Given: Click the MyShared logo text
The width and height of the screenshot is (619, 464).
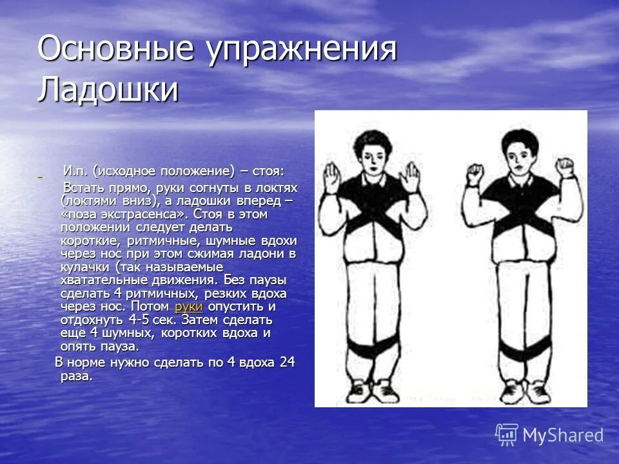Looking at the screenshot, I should [x=563, y=435].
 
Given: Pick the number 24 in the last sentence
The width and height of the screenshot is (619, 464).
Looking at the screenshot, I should [x=286, y=362].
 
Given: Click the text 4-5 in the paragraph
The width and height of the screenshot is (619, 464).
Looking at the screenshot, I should [x=141, y=320].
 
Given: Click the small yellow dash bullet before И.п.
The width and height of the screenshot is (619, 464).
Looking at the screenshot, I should [x=40, y=177].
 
